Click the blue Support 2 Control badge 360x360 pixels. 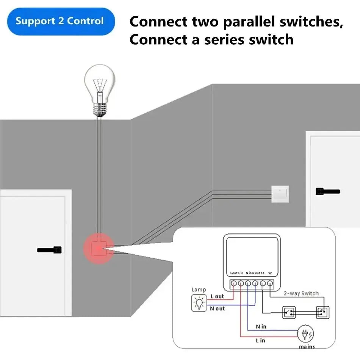[x=59, y=21]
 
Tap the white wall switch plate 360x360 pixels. [x=280, y=194]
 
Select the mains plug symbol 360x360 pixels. [x=305, y=333]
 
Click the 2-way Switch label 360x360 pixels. [x=301, y=293]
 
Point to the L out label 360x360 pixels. [x=217, y=296]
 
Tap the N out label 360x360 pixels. [x=217, y=308]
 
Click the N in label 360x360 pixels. [x=261, y=326]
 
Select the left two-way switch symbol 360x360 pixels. [x=290, y=313]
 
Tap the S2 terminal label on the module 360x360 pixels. [x=270, y=273]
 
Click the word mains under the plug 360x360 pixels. [x=307, y=346]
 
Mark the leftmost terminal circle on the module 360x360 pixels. [x=234, y=283]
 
